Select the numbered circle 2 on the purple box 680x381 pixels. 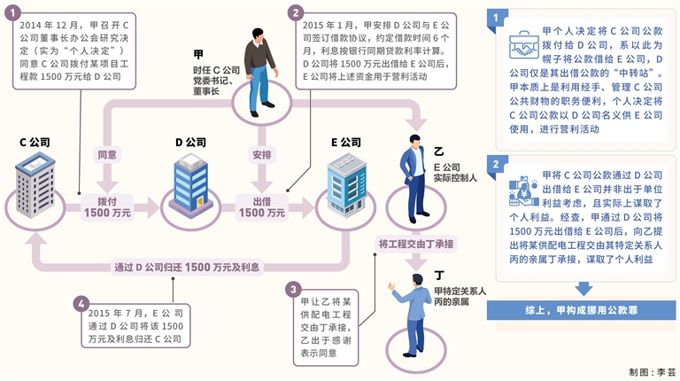(296, 12)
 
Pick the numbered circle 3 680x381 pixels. (294, 288)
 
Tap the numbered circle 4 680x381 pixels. (82, 304)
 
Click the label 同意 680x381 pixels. (108, 154)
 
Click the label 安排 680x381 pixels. (261, 154)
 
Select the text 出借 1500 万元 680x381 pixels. (262, 206)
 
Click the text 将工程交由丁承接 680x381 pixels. (416, 243)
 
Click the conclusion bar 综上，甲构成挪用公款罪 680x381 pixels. (583, 312)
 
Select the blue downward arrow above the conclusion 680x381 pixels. (583, 287)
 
